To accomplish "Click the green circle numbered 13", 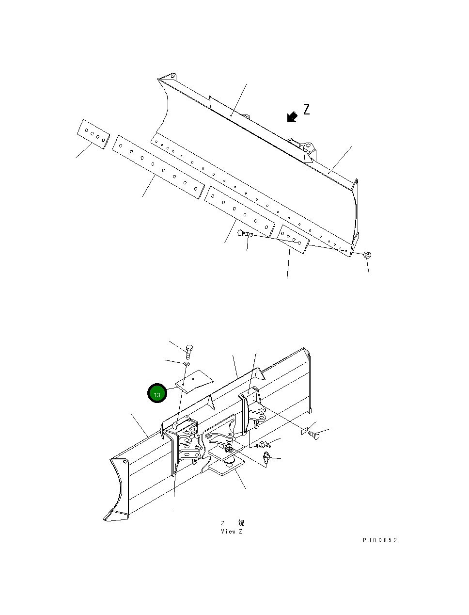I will point(157,394).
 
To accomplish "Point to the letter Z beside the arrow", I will point(306,110).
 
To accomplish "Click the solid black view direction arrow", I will point(292,117).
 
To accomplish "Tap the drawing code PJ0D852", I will point(379,540).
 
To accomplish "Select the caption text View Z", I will point(232,532).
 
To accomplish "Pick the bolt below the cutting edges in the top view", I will point(245,235).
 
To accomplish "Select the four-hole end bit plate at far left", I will point(94,134).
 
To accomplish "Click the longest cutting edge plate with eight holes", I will point(158,167).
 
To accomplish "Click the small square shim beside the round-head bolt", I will point(304,431).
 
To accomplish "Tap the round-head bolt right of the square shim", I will point(315,435).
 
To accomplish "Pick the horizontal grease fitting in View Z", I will point(262,445).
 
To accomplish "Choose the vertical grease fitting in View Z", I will point(266,457).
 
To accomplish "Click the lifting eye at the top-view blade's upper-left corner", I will point(171,77).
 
